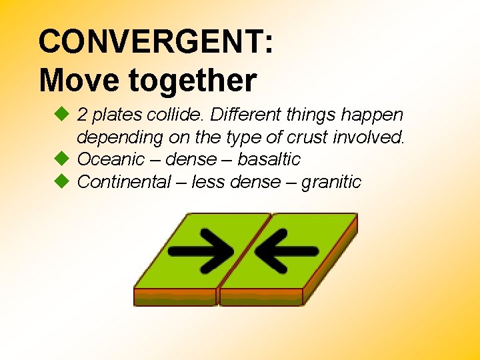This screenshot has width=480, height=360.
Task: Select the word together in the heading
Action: (193, 81)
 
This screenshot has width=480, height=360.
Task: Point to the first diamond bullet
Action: (61, 115)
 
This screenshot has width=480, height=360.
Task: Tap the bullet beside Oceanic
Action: (61, 159)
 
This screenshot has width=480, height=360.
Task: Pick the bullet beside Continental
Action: (61, 181)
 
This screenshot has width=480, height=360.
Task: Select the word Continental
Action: (124, 181)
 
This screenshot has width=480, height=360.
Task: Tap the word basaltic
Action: (269, 159)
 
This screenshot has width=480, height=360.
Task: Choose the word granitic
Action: (331, 181)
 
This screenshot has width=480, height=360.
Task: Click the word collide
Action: (178, 115)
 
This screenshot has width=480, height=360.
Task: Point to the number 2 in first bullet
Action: (83, 115)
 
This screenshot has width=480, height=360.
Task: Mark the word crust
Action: (307, 137)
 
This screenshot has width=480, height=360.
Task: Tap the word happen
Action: (376, 115)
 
